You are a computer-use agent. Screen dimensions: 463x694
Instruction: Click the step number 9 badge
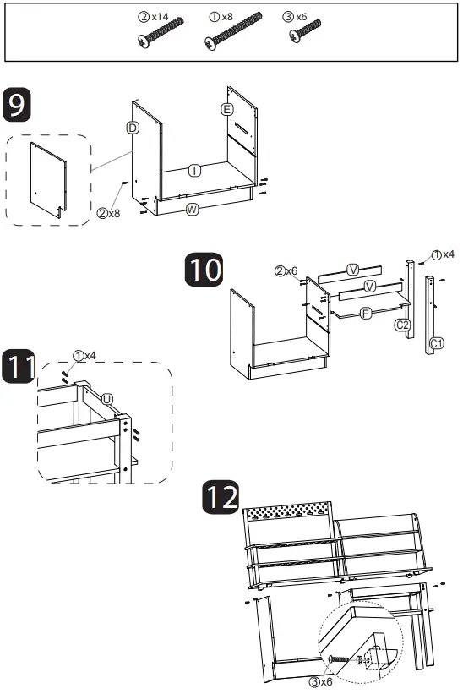(17, 105)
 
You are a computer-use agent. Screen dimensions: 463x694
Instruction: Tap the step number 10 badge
(204, 270)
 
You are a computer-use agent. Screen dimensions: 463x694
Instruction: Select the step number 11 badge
(19, 366)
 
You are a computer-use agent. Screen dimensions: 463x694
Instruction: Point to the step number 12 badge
(221, 497)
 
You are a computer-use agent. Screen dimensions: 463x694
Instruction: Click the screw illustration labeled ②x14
(161, 32)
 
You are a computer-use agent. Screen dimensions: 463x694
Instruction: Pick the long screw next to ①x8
(233, 31)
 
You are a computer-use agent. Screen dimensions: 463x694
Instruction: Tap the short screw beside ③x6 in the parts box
(305, 30)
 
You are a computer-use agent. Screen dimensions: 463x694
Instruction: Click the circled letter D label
(133, 128)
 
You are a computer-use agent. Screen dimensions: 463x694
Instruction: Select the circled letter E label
(227, 109)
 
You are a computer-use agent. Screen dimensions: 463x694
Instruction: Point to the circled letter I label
(194, 171)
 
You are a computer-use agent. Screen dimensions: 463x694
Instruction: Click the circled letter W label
(192, 210)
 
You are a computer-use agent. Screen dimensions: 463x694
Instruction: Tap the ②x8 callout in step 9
(109, 213)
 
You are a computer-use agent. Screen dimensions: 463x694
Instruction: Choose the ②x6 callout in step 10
(286, 270)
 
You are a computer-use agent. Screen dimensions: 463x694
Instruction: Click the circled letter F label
(365, 314)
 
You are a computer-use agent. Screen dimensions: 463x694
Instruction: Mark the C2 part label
(402, 325)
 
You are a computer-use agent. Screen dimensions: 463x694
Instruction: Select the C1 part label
(437, 343)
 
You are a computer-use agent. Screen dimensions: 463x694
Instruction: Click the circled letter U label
(107, 399)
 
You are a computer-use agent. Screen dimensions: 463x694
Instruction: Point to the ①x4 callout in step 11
(84, 355)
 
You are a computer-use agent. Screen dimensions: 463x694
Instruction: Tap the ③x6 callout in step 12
(320, 682)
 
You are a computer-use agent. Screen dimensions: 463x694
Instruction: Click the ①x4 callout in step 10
(443, 254)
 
